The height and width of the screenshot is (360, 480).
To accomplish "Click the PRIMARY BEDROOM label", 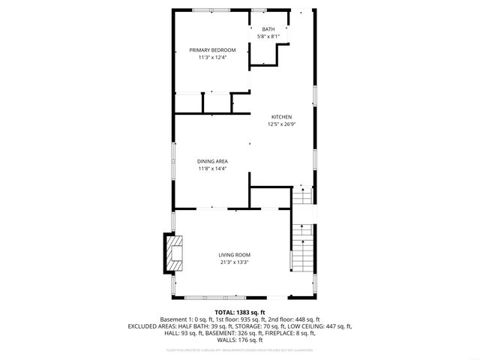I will [x=212, y=50].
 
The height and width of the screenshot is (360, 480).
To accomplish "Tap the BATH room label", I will [x=268, y=29].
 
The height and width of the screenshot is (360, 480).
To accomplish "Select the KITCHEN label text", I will [x=281, y=117].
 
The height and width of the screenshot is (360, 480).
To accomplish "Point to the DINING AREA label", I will [x=212, y=161].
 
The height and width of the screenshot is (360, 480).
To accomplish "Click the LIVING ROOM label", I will [x=234, y=255].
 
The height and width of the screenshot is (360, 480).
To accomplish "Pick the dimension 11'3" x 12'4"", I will [x=212, y=58].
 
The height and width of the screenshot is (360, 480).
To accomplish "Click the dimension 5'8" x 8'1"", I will [x=268, y=37].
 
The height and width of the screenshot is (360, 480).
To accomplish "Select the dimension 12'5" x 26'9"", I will [x=281, y=124].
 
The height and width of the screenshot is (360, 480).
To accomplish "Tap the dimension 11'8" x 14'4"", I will [x=212, y=169].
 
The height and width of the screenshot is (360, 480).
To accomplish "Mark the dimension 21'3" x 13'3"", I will [x=234, y=262].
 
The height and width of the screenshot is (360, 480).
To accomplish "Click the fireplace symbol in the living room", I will [x=174, y=254].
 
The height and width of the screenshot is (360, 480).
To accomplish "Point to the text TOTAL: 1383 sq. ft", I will [x=240, y=312].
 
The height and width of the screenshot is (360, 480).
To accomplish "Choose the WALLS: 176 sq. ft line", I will [x=240, y=340].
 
